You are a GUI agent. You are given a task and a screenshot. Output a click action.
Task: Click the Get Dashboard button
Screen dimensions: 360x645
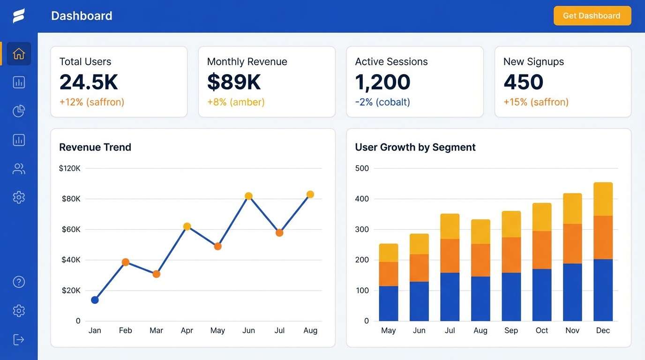click(x=592, y=16)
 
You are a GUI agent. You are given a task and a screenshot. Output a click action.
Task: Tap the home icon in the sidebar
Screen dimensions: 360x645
click(x=19, y=54)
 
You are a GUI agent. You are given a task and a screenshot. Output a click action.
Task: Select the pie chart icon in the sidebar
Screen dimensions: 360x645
click(x=19, y=111)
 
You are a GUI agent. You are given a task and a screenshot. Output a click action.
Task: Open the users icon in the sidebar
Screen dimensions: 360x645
click(x=19, y=169)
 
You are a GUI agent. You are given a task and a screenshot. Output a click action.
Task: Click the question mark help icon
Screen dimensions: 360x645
click(x=19, y=282)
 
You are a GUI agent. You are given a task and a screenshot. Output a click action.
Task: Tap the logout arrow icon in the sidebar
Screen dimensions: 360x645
click(x=19, y=339)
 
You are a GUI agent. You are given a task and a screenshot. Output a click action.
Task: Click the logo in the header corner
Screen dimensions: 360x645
click(x=19, y=16)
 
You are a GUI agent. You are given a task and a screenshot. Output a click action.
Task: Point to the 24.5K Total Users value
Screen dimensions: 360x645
click(x=89, y=82)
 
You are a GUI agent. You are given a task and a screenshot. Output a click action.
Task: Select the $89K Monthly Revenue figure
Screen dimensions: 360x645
click(x=233, y=82)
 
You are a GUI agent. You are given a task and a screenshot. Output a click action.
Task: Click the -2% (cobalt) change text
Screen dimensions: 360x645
click(x=382, y=102)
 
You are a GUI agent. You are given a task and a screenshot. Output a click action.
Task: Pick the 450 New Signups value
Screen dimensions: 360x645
click(x=523, y=82)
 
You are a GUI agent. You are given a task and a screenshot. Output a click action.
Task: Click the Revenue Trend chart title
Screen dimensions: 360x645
click(x=95, y=147)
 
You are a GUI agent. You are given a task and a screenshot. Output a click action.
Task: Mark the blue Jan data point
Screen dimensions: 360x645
click(x=95, y=300)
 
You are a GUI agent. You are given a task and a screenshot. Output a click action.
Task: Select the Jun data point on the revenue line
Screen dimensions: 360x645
click(x=248, y=196)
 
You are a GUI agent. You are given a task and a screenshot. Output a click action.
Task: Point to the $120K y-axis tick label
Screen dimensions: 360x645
click(x=70, y=168)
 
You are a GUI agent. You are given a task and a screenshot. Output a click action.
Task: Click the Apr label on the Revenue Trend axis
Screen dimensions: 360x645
click(x=187, y=330)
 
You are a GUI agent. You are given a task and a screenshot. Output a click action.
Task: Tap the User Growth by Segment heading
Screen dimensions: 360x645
click(x=415, y=147)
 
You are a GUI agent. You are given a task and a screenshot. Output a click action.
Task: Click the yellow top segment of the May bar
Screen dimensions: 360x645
click(x=389, y=253)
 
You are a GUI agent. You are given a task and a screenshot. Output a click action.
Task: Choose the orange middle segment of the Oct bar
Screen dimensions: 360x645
click(x=542, y=250)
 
